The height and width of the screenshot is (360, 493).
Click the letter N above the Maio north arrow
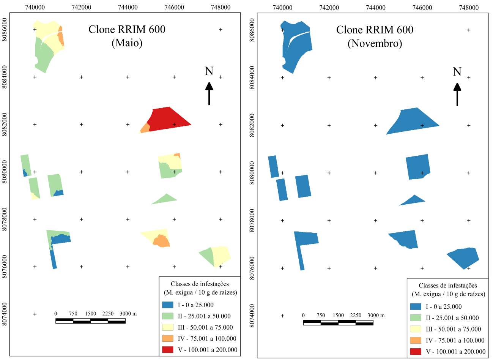(x=209, y=71)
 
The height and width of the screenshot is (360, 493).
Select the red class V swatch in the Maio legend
(x=168, y=350)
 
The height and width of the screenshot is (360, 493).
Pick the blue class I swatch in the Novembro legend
(x=416, y=306)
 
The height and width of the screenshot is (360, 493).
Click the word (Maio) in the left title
(x=127, y=43)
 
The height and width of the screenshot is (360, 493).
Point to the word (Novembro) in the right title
(x=375, y=43)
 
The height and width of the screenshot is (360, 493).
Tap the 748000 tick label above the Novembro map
(x=468, y=8)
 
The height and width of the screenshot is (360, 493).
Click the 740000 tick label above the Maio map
(x=35, y=7)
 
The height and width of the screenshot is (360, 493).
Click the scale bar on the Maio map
(x=90, y=321)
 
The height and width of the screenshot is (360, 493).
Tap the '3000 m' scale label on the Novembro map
(x=376, y=315)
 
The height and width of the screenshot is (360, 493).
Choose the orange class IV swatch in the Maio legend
(x=168, y=338)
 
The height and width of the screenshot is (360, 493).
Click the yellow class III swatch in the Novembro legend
(x=416, y=329)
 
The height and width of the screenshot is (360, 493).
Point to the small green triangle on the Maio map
(x=165, y=199)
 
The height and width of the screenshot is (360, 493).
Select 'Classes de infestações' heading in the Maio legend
(x=200, y=284)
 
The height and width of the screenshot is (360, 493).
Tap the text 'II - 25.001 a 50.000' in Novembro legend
(x=452, y=318)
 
